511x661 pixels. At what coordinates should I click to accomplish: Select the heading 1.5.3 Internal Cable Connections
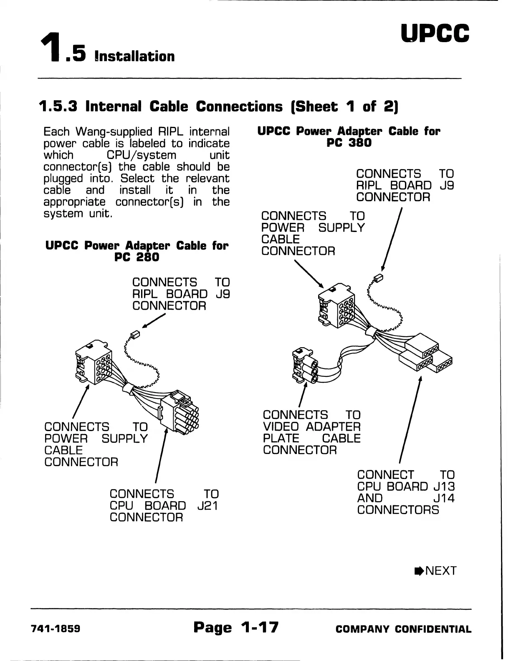point(218,106)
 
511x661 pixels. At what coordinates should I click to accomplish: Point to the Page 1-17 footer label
point(236,627)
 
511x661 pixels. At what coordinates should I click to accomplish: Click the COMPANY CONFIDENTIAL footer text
point(403,629)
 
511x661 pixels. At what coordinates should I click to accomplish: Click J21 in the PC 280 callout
point(207,506)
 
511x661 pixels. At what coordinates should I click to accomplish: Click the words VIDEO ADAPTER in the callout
point(311,427)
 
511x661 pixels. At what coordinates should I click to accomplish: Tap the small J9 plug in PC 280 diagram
point(134,335)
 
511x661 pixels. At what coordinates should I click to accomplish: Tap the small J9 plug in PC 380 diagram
point(379,278)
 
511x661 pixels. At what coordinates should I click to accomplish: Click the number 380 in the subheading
point(360,143)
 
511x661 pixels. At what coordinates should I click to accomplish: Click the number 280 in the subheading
point(148,257)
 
